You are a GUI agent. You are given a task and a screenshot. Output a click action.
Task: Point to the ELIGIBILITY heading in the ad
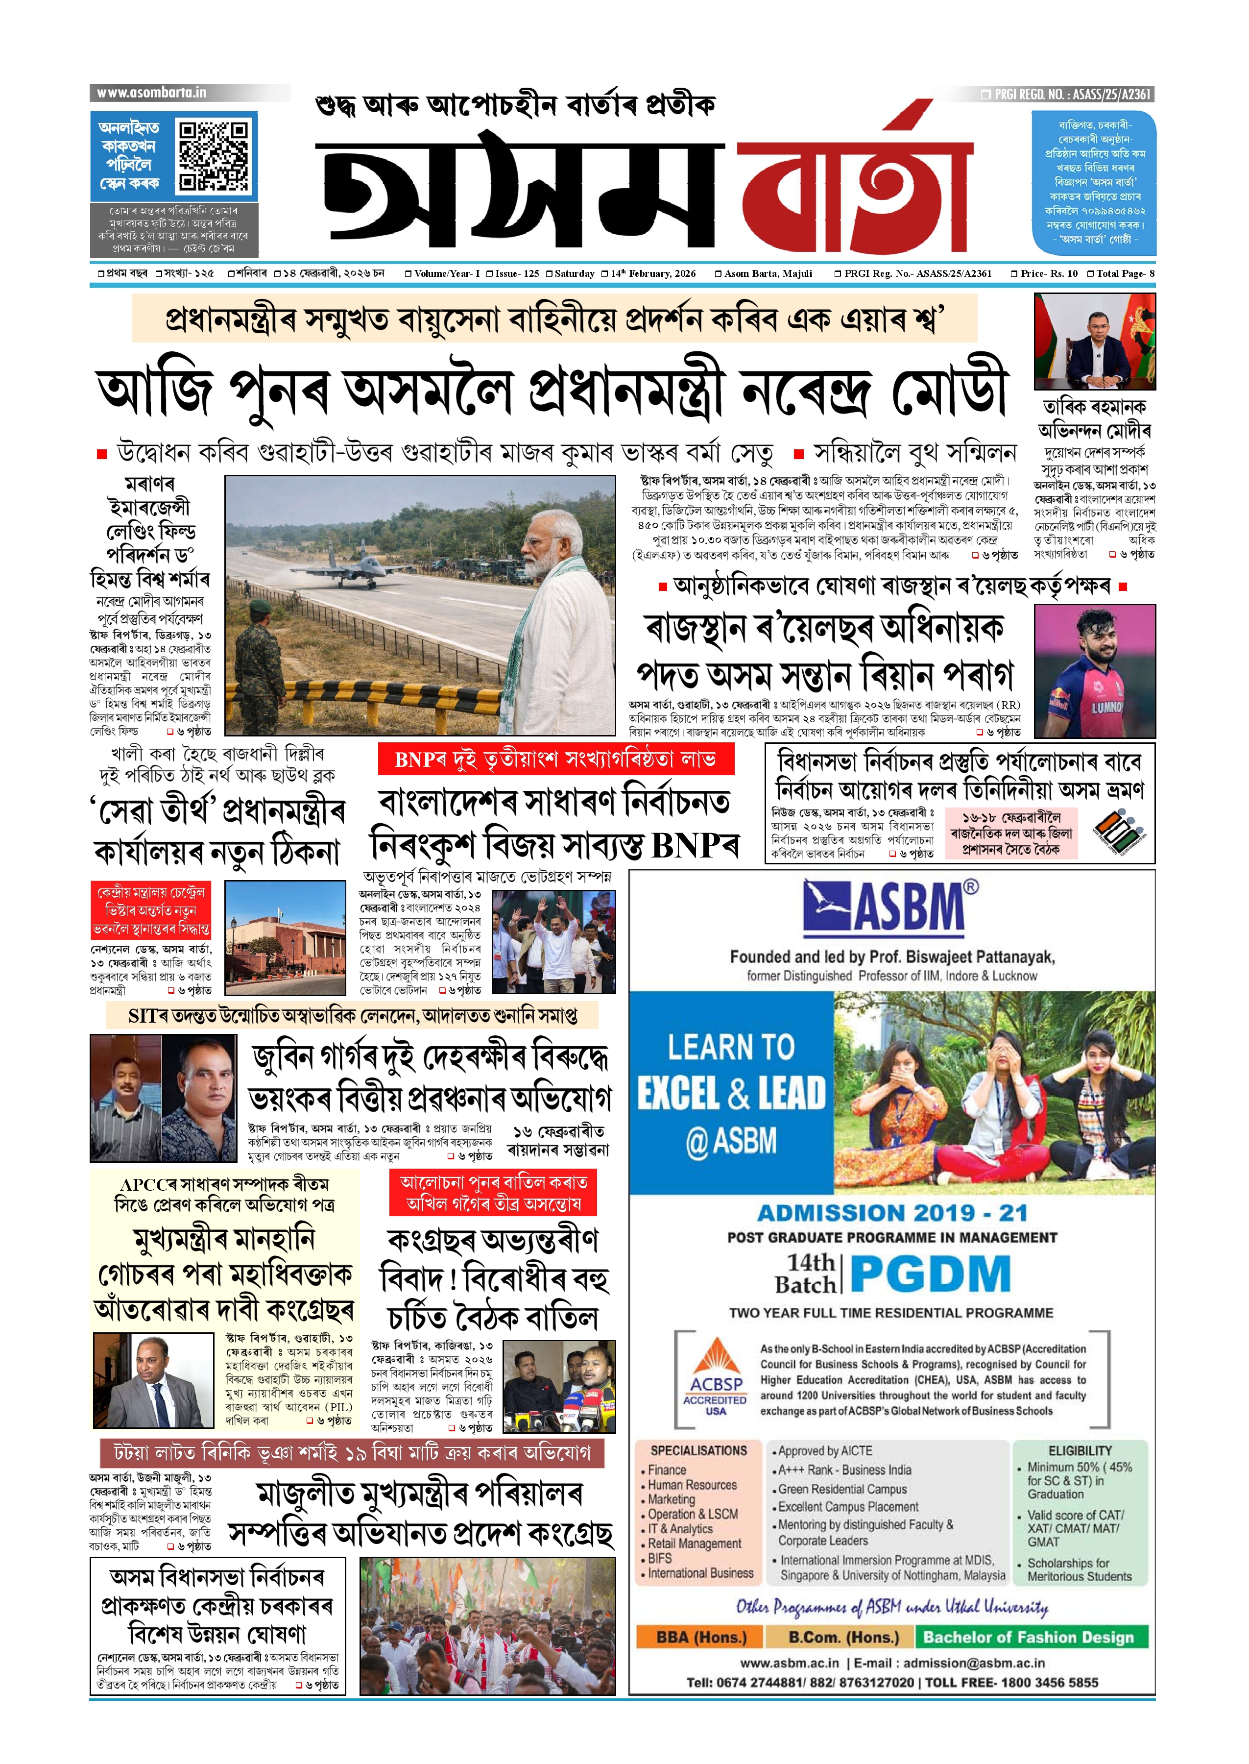coord(1080,1450)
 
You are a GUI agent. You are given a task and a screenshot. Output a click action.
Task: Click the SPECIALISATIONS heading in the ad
coord(698,1450)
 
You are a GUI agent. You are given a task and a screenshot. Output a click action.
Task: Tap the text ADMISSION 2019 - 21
coord(892,1213)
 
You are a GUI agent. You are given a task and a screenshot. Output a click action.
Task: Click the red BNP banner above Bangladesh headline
coord(555,760)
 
